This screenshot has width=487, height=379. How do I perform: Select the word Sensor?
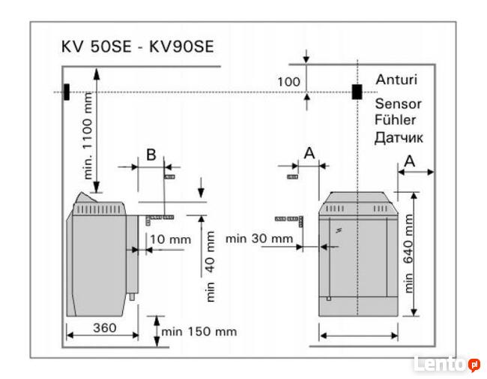[x=398, y=104]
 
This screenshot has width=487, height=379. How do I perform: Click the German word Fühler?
[x=395, y=120]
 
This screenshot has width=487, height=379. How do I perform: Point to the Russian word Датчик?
[x=399, y=137]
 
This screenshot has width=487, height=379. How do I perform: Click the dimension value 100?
[x=288, y=82]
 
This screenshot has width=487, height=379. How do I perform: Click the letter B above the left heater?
[x=151, y=155]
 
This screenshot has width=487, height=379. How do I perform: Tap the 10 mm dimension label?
[x=170, y=239]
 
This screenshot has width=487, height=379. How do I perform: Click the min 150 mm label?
[x=199, y=331]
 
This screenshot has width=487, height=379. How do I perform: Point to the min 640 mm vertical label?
[x=409, y=252]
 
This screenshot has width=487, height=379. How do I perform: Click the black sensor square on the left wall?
[x=67, y=92]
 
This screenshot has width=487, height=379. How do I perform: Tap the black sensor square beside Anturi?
[x=357, y=92]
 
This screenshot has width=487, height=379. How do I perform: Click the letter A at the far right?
[x=409, y=160]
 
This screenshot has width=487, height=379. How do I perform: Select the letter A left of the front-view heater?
[x=308, y=152]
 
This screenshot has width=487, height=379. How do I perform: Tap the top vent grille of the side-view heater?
[x=108, y=208]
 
